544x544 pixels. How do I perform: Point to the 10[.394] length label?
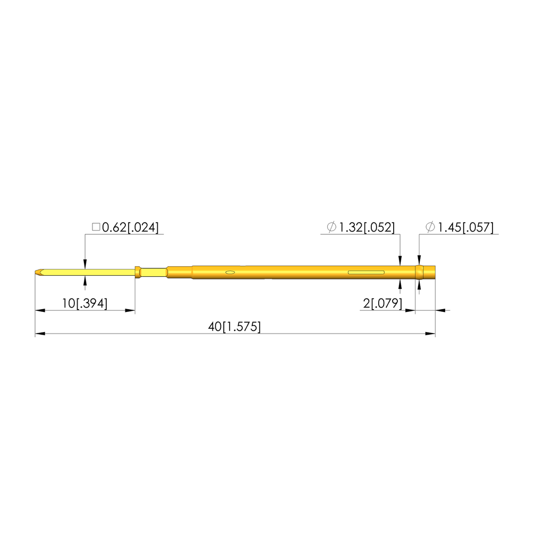tap(84, 303)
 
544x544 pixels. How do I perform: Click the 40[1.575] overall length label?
tap(234, 327)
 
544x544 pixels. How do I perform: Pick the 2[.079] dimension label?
tap(382, 303)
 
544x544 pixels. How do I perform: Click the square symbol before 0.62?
tap(96, 227)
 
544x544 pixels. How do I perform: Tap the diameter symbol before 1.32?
tap(331, 227)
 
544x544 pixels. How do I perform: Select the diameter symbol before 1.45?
tap(430, 227)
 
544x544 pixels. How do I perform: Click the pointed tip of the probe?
tap(36, 273)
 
